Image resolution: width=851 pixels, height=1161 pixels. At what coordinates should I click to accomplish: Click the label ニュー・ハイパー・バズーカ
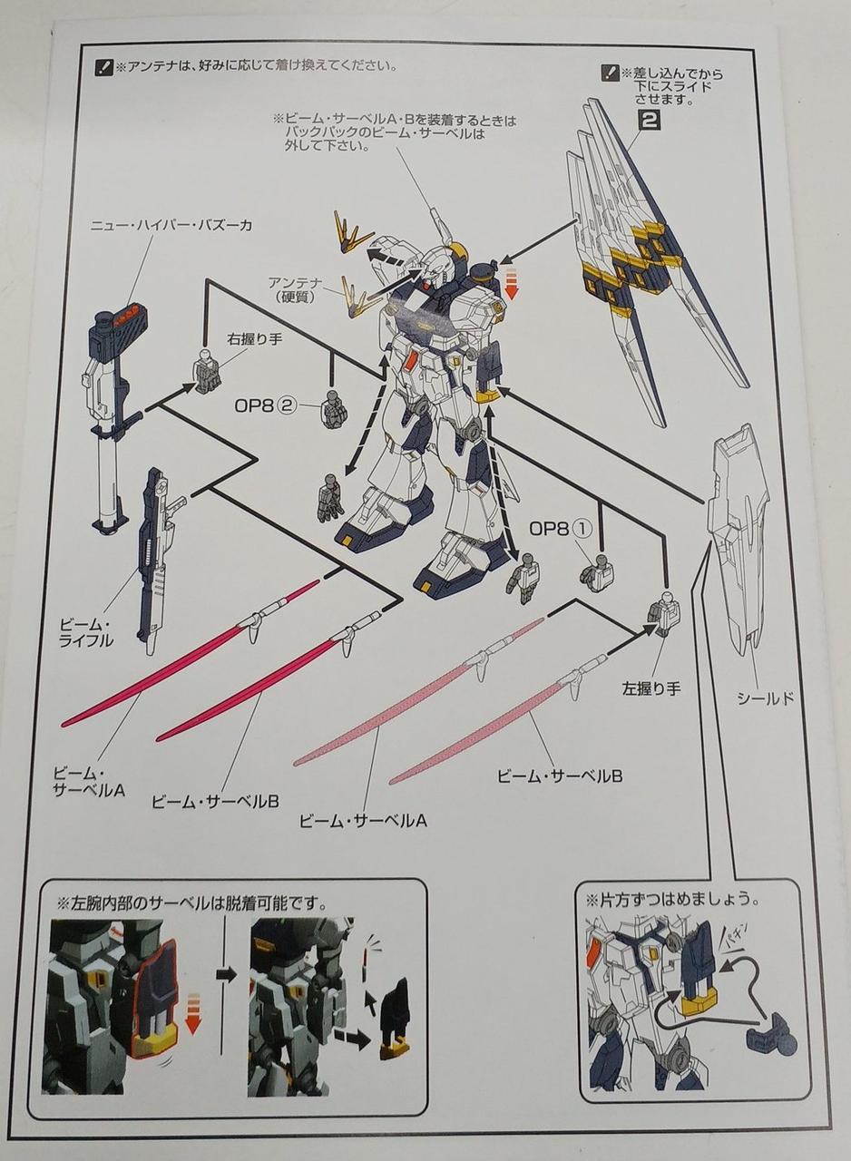click(x=171, y=226)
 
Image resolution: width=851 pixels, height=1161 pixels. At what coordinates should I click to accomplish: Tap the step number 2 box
click(x=649, y=121)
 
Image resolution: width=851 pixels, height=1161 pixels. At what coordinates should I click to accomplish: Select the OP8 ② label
click(x=265, y=405)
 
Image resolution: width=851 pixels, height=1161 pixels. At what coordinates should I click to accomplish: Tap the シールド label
click(x=766, y=699)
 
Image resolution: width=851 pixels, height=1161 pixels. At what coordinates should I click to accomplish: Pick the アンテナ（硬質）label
click(x=296, y=290)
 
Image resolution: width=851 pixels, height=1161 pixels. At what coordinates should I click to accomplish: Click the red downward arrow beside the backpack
click(x=512, y=284)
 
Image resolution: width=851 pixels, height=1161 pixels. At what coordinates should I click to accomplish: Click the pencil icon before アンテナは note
click(x=103, y=67)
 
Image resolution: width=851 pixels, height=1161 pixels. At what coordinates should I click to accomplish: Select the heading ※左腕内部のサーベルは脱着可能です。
click(x=191, y=904)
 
